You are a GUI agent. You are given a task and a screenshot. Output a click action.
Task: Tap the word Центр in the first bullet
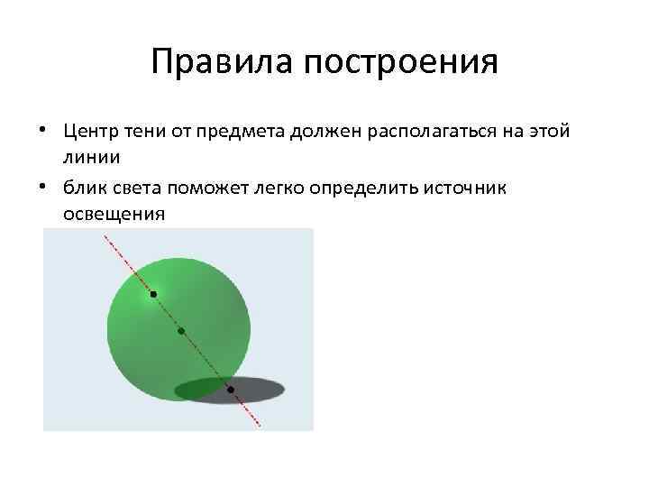[90, 132]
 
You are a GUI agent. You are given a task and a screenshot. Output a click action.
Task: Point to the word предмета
[247, 132]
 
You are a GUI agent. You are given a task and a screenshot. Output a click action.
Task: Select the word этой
[548, 132]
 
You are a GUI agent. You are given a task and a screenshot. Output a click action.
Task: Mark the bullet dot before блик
[43, 188]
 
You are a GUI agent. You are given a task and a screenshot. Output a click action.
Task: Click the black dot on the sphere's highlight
[153, 294]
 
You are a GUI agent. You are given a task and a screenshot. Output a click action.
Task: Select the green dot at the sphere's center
[181, 331]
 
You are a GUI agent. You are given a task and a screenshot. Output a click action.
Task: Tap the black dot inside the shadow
[231, 390]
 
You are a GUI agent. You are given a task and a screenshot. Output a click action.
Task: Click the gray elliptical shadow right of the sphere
[261, 390]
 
